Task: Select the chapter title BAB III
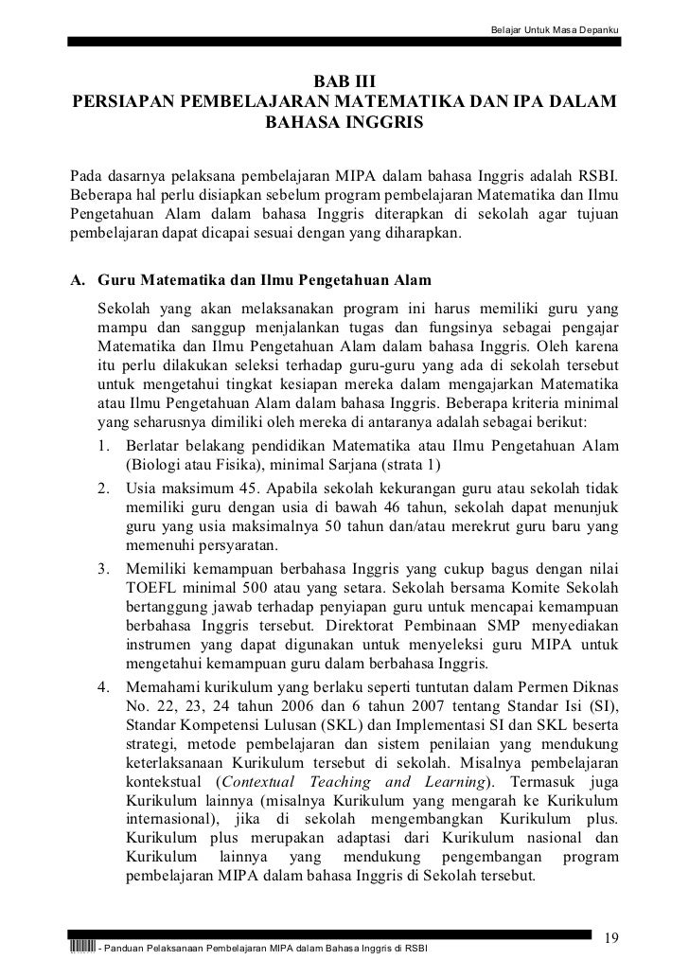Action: [x=344, y=82]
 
